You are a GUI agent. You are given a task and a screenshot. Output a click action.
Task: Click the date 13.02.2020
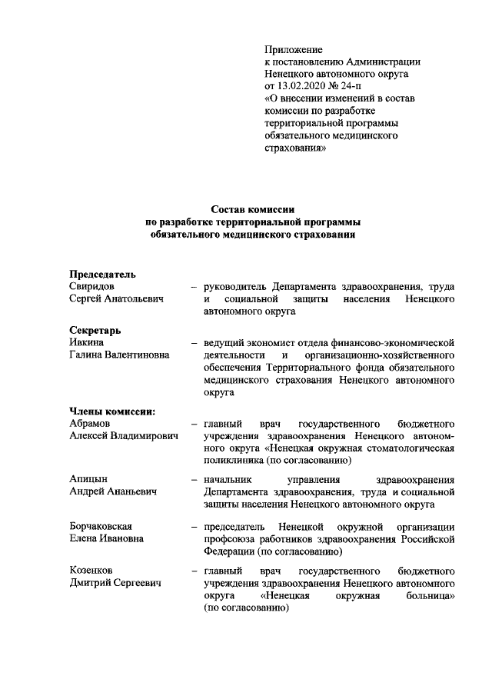(x=312, y=85)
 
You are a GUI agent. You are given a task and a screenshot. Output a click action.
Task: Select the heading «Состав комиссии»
(x=253, y=209)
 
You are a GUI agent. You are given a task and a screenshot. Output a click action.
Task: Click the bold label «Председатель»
(x=103, y=273)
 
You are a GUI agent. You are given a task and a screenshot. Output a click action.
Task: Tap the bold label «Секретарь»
(x=95, y=329)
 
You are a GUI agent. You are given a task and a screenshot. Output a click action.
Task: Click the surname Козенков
(x=91, y=571)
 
